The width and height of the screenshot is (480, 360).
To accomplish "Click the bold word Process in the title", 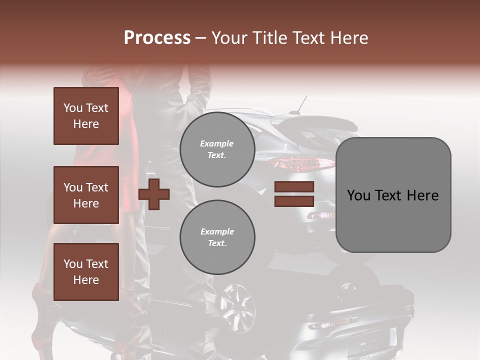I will pyautogui.click(x=157, y=38).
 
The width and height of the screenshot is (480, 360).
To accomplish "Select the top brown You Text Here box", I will pyautogui.click(x=86, y=116).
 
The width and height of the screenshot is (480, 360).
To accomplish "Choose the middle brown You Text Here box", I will pyautogui.click(x=86, y=195).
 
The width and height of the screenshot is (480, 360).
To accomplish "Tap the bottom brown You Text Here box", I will pyautogui.click(x=86, y=271).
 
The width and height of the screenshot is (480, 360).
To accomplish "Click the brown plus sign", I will pyautogui.click(x=154, y=194).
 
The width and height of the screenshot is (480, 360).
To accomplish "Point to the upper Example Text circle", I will pyautogui.click(x=217, y=149).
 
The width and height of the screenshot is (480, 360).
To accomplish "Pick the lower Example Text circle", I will pyautogui.click(x=217, y=237).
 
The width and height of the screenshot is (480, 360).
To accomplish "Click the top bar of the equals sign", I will pyautogui.click(x=294, y=187).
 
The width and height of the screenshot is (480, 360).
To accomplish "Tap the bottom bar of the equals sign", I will pyautogui.click(x=294, y=201).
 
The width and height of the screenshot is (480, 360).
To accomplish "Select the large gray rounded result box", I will pyautogui.click(x=393, y=194).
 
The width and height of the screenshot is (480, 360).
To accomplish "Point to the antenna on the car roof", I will pyautogui.click(x=301, y=104).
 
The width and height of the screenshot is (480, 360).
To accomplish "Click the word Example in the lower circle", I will pyautogui.click(x=217, y=231).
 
